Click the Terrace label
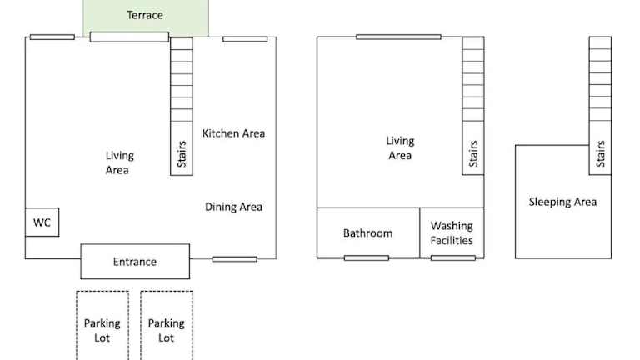point(145,15)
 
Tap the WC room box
point(42,222)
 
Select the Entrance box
point(135,262)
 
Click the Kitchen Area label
point(233,133)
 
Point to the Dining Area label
point(233,207)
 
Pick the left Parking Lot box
point(102,325)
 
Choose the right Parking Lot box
point(167,325)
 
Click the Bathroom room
point(368,232)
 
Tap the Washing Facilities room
point(452,232)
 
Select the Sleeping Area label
point(562,202)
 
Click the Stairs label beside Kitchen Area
point(182,154)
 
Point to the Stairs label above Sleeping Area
point(600,153)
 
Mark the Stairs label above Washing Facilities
point(473,153)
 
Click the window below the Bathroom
point(367,258)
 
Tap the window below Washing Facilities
point(453,258)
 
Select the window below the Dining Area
point(235,259)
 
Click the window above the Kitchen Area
point(245,39)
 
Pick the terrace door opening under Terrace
point(129,37)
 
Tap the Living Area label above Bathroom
point(400,147)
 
